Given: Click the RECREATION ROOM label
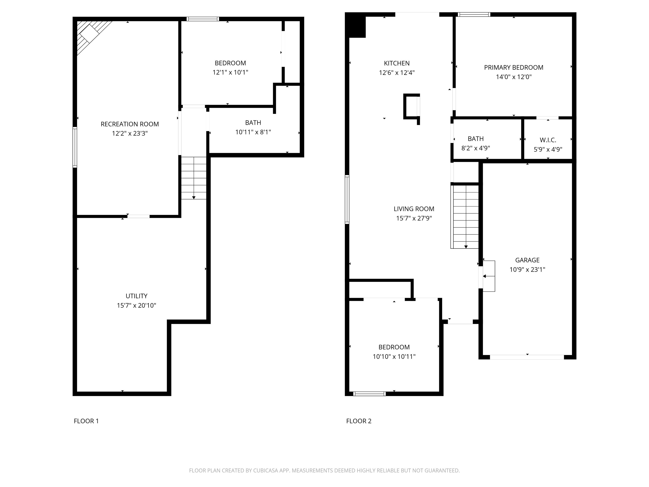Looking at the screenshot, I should (x=130, y=124).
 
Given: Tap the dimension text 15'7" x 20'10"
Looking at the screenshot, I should (x=136, y=305).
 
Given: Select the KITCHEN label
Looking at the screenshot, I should (x=397, y=63).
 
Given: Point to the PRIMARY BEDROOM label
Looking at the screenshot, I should (x=513, y=67).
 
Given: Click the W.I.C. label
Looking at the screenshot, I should (x=548, y=140).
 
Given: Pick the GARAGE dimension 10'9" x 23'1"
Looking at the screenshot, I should (x=527, y=269).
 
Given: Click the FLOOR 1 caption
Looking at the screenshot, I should (x=86, y=421).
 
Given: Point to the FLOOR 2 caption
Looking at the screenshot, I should (x=359, y=421).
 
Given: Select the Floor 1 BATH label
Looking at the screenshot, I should (x=253, y=123).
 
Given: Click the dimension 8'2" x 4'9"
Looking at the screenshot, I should (x=476, y=148).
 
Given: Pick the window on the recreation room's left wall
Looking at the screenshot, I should (x=75, y=147).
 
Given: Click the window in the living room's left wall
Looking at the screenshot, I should (x=347, y=199).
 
